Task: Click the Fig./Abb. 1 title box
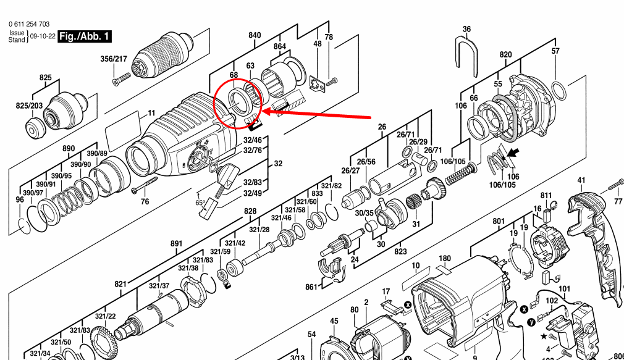(x=85, y=36)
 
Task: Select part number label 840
(x=255, y=36)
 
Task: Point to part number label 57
(x=555, y=51)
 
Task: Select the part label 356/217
(x=114, y=59)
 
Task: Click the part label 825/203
(x=29, y=106)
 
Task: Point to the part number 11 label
(x=151, y=114)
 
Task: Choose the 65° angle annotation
(x=201, y=203)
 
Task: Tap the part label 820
(x=506, y=54)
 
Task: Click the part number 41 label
(x=581, y=180)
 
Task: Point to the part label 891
(x=177, y=244)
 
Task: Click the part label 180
(x=445, y=258)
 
